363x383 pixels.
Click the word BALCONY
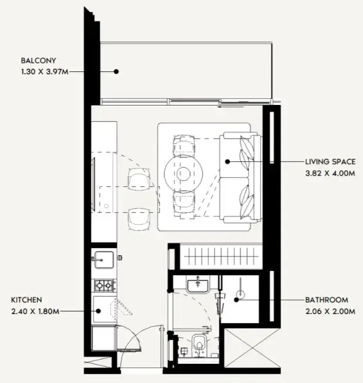click(x=38, y=61)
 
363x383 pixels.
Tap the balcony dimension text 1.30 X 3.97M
click(x=45, y=72)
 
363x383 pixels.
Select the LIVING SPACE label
click(x=330, y=162)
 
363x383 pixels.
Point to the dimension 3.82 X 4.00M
click(x=330, y=173)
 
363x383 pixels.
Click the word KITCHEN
click(x=26, y=300)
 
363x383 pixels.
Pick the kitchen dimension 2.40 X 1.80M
click(x=35, y=312)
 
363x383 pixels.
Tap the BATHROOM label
click(x=327, y=300)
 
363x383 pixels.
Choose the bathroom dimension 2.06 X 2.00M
click(x=330, y=312)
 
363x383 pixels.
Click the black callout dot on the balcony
click(x=117, y=71)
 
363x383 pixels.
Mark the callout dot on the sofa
click(x=227, y=161)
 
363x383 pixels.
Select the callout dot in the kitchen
click(x=98, y=311)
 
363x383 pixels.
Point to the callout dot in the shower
click(x=236, y=300)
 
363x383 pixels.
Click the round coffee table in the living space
click(x=184, y=173)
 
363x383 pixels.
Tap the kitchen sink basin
click(x=104, y=260)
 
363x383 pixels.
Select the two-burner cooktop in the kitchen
click(x=104, y=285)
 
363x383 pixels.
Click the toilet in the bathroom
click(x=199, y=345)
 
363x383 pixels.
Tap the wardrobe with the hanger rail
click(x=221, y=257)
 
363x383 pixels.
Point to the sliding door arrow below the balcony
click(x=231, y=107)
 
